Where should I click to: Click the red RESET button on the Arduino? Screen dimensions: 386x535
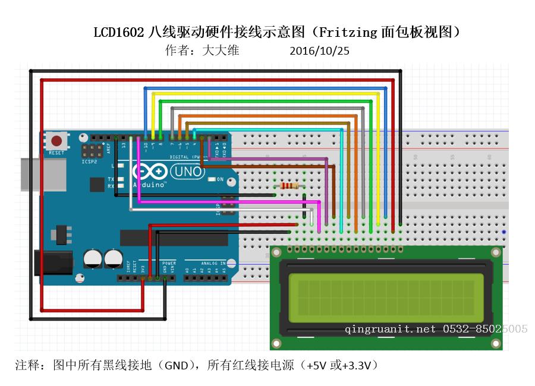pyautogui.click(x=56, y=141)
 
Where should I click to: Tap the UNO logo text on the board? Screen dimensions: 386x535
pyautogui.click(x=187, y=172)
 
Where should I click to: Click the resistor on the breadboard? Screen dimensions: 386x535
pyautogui.click(x=289, y=186)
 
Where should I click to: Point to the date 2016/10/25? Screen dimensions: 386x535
pyautogui.click(x=319, y=51)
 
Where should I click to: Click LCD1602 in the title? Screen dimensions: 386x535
pyautogui.click(x=118, y=32)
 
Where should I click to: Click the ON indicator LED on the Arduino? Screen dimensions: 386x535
pyautogui.click(x=212, y=179)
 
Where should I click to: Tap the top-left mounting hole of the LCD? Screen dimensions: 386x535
pyautogui.click(x=276, y=252)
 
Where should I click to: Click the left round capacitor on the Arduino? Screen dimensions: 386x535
pyautogui.click(x=92, y=258)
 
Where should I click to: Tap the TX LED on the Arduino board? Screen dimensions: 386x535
pyautogui.click(x=121, y=179)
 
